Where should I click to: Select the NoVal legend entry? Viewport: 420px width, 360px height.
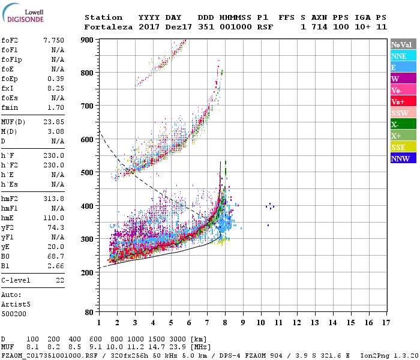tap(402, 44)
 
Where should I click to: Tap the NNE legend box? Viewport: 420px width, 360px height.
tap(402, 56)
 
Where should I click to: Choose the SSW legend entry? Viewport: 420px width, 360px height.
tap(402, 113)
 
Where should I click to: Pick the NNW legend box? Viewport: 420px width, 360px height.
tap(402, 159)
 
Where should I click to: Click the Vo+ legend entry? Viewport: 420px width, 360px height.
tap(402, 101)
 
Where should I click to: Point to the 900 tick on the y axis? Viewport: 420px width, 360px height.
tap(88, 40)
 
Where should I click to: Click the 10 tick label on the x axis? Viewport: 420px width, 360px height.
tap(261, 323)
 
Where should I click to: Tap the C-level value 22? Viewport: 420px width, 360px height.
tap(59, 281)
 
